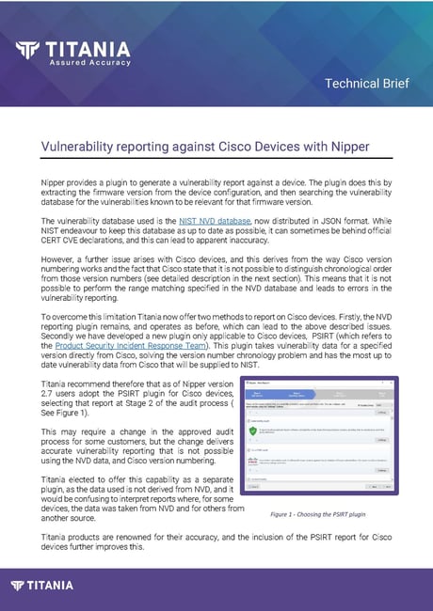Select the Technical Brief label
coord(366,84)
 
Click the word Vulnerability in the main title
coord(82,147)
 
